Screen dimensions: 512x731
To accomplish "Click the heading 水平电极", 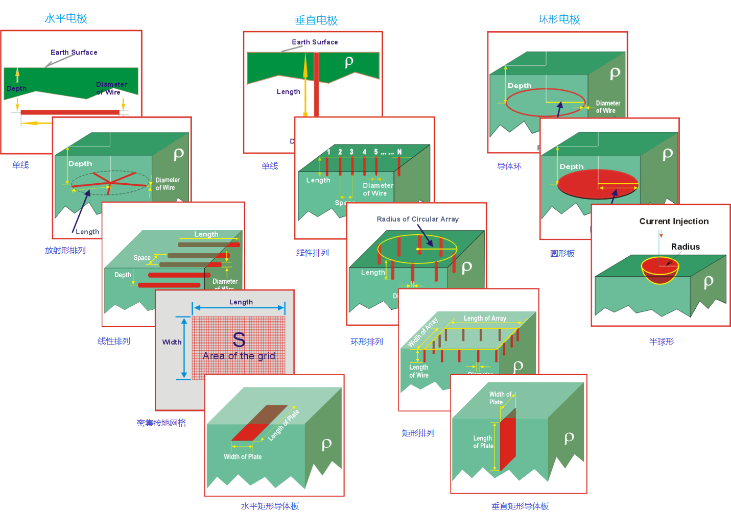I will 66,18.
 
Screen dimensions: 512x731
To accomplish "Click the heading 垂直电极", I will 316,20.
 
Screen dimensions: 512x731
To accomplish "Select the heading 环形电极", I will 559,19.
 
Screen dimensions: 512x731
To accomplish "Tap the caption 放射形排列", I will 65,250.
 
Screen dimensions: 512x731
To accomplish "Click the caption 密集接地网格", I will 161,423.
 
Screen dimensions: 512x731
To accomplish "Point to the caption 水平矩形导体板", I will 270,506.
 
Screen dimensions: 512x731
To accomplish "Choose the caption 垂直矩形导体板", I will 520,506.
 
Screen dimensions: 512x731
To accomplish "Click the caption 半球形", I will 662,342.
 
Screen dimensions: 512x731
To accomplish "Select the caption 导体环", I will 509,166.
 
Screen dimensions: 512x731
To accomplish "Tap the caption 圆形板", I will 562,253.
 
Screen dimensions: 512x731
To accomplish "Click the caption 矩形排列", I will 418,433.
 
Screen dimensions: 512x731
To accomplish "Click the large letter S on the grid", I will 239,339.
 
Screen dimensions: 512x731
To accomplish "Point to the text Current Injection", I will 674,221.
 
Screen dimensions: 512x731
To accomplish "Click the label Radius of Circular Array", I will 417,219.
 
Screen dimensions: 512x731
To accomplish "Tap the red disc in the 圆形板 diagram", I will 587,184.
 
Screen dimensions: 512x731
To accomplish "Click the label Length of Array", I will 485,318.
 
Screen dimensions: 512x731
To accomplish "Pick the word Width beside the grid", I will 172,342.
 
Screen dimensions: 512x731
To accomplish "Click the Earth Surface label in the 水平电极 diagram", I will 74,52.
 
